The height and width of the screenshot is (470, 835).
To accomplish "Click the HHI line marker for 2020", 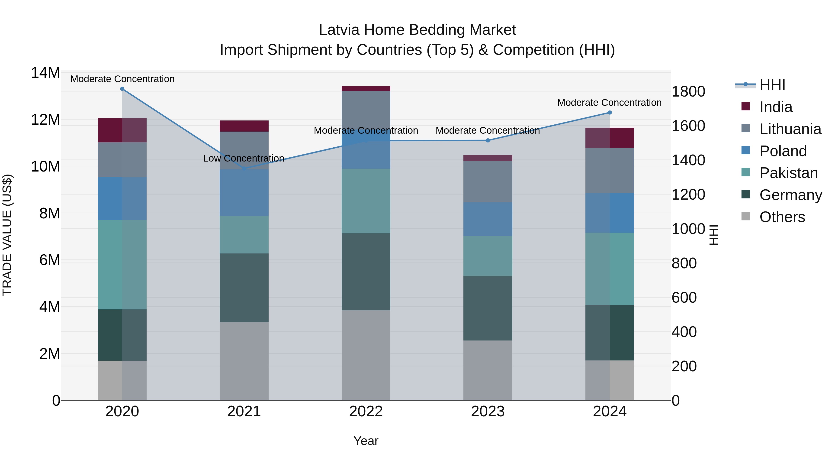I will [x=122, y=89].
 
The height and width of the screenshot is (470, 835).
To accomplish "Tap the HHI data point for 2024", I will [x=609, y=113].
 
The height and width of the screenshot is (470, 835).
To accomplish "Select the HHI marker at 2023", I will [x=488, y=140].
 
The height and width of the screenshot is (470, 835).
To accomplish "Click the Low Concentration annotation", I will [x=244, y=158].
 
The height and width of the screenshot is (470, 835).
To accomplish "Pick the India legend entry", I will [x=775, y=107].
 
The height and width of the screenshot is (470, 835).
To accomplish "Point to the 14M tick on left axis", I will [x=45, y=73].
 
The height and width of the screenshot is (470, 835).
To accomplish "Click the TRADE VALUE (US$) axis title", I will [x=7, y=235].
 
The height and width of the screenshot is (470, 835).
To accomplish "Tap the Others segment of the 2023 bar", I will [x=488, y=370].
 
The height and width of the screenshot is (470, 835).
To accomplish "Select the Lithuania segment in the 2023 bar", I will [x=488, y=182].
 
